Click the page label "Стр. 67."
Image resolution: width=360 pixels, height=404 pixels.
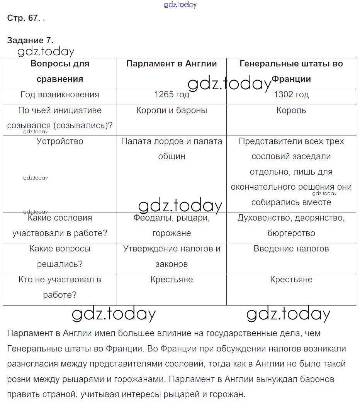click(24, 18)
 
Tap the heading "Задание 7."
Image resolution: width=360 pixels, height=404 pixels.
click(30, 40)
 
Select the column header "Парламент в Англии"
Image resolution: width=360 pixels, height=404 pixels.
click(172, 64)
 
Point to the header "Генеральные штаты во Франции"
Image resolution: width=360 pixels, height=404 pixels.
click(291, 71)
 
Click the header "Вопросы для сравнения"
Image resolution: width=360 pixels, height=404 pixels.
click(60, 71)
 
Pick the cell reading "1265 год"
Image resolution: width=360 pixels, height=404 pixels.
click(172, 95)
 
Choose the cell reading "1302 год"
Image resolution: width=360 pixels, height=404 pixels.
click(291, 95)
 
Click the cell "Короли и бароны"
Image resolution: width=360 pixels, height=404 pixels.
click(172, 110)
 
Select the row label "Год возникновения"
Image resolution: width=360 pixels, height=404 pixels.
click(60, 95)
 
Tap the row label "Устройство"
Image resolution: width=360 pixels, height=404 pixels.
click(60, 141)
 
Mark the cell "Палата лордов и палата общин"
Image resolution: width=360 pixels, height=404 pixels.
click(172, 149)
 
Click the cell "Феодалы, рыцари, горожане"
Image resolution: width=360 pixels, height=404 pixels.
click(172, 226)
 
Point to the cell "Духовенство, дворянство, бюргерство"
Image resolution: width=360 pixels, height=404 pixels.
click(291, 226)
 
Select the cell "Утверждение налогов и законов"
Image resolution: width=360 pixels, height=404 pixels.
click(172, 256)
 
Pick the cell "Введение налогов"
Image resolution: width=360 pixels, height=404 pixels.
click(291, 249)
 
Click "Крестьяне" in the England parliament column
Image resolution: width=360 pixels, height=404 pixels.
click(172, 280)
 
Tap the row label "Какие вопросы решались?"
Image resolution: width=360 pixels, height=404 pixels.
click(60, 256)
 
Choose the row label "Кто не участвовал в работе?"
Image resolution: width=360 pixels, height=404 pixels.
click(60, 287)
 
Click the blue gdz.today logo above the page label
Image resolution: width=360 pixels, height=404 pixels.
click(180, 5)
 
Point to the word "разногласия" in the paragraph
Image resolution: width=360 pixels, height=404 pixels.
click(30, 364)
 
